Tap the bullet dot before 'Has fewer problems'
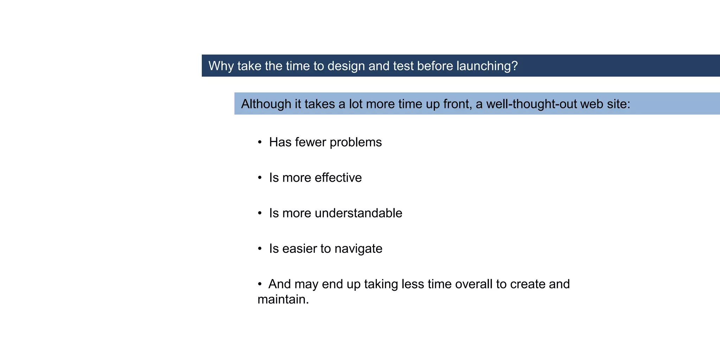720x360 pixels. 260,142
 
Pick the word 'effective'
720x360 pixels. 338,178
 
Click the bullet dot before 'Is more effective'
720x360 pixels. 260,178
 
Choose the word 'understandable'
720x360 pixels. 359,213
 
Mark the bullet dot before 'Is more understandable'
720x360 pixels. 260,213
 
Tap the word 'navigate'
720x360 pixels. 358,249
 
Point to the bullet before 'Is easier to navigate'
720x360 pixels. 260,249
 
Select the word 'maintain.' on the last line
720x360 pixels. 283,300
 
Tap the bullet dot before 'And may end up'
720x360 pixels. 260,284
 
